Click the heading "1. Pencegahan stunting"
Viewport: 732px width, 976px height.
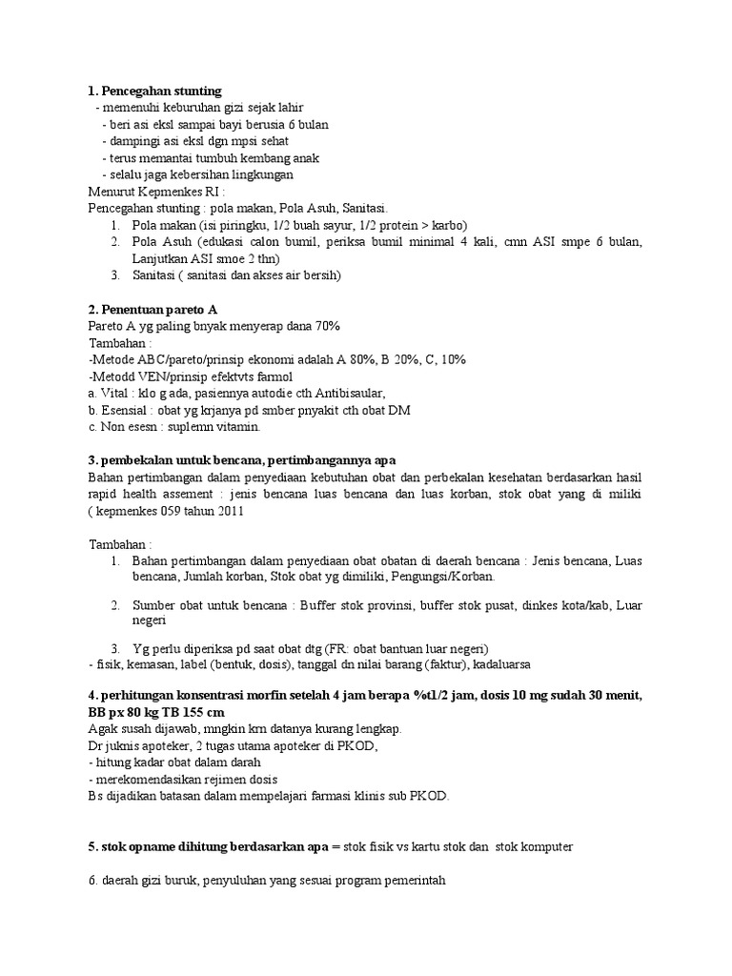pyautogui.click(x=154, y=91)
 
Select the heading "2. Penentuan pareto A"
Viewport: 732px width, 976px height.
pyautogui.click(x=152, y=309)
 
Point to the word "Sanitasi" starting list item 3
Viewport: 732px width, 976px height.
pyautogui.click(x=155, y=275)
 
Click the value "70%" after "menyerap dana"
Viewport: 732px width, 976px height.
pyautogui.click(x=325, y=326)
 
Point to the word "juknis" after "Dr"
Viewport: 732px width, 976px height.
pyautogui.click(x=124, y=746)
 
